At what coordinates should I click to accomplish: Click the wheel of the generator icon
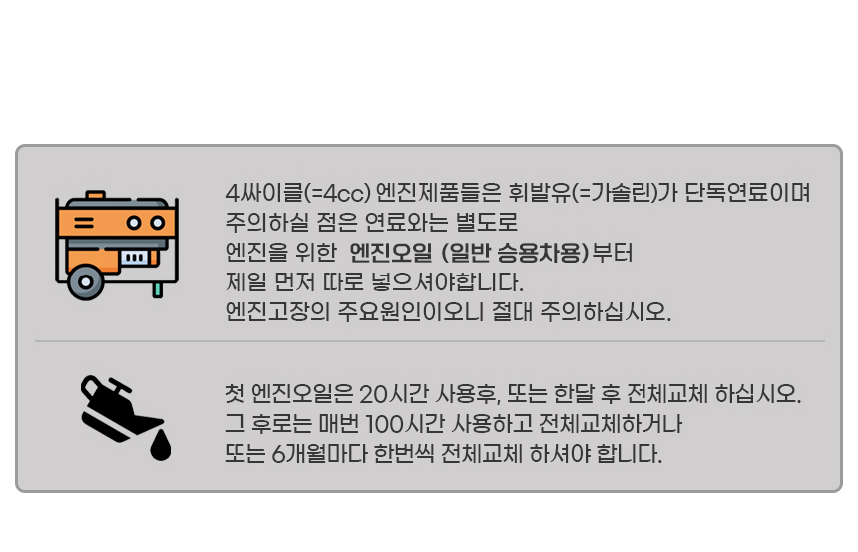(86, 281)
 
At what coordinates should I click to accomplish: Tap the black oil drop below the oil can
(160, 447)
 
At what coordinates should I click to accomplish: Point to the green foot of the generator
(157, 290)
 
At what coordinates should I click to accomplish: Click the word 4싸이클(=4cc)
(298, 192)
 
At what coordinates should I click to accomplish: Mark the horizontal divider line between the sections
(429, 341)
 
